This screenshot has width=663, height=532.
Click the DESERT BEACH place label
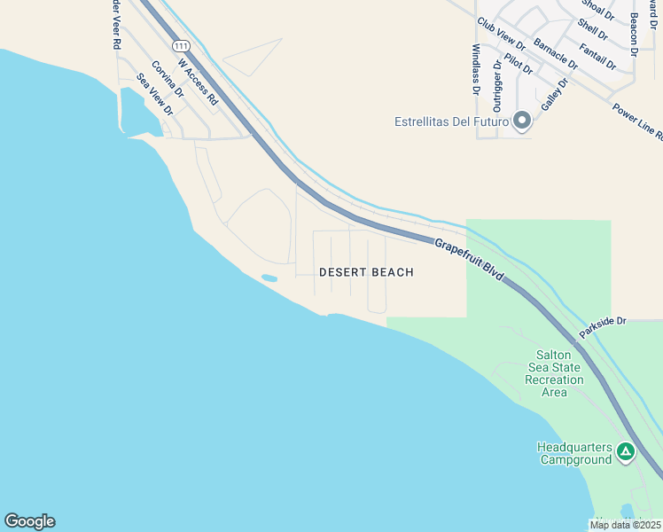coord(366,272)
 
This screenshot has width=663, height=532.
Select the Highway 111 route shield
coord(181,45)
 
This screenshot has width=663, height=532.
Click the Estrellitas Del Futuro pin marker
coord(522,120)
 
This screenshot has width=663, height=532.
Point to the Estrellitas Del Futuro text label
coord(451,121)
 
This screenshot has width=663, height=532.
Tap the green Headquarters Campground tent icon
coord(626,452)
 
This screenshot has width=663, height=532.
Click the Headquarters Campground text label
coord(574,453)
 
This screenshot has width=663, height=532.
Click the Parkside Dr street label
coord(603,327)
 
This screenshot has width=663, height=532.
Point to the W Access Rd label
coord(197,82)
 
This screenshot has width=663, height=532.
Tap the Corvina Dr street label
coord(167,79)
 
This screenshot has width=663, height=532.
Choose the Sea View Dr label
coord(153,93)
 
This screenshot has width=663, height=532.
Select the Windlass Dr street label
coord(476,69)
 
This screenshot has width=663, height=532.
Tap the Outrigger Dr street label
coord(496,83)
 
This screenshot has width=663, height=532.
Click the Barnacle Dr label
coord(555,53)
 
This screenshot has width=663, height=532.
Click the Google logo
coord(29,521)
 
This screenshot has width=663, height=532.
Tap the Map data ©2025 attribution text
coord(624,525)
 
